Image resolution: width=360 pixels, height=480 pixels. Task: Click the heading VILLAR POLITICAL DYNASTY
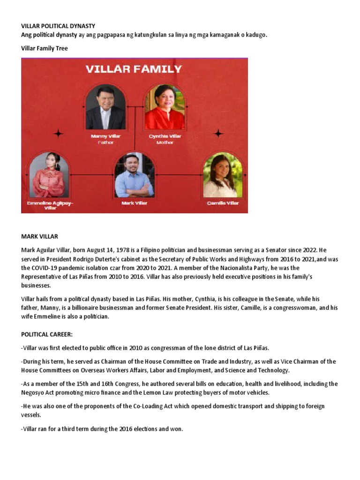[58, 26]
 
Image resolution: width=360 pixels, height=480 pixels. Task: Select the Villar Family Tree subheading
[44, 48]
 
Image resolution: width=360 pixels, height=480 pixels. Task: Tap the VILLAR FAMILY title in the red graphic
[134, 69]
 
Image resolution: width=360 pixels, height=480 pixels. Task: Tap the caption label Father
[105, 142]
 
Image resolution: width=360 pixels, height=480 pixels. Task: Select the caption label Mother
[165, 142]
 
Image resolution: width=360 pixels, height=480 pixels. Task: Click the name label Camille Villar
[223, 203]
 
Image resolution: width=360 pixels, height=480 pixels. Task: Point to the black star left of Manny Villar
[58, 134]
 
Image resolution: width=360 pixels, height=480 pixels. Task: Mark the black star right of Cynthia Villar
[218, 134]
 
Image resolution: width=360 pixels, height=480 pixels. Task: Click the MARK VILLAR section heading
[39, 237]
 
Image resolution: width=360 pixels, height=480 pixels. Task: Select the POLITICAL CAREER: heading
[47, 335]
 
